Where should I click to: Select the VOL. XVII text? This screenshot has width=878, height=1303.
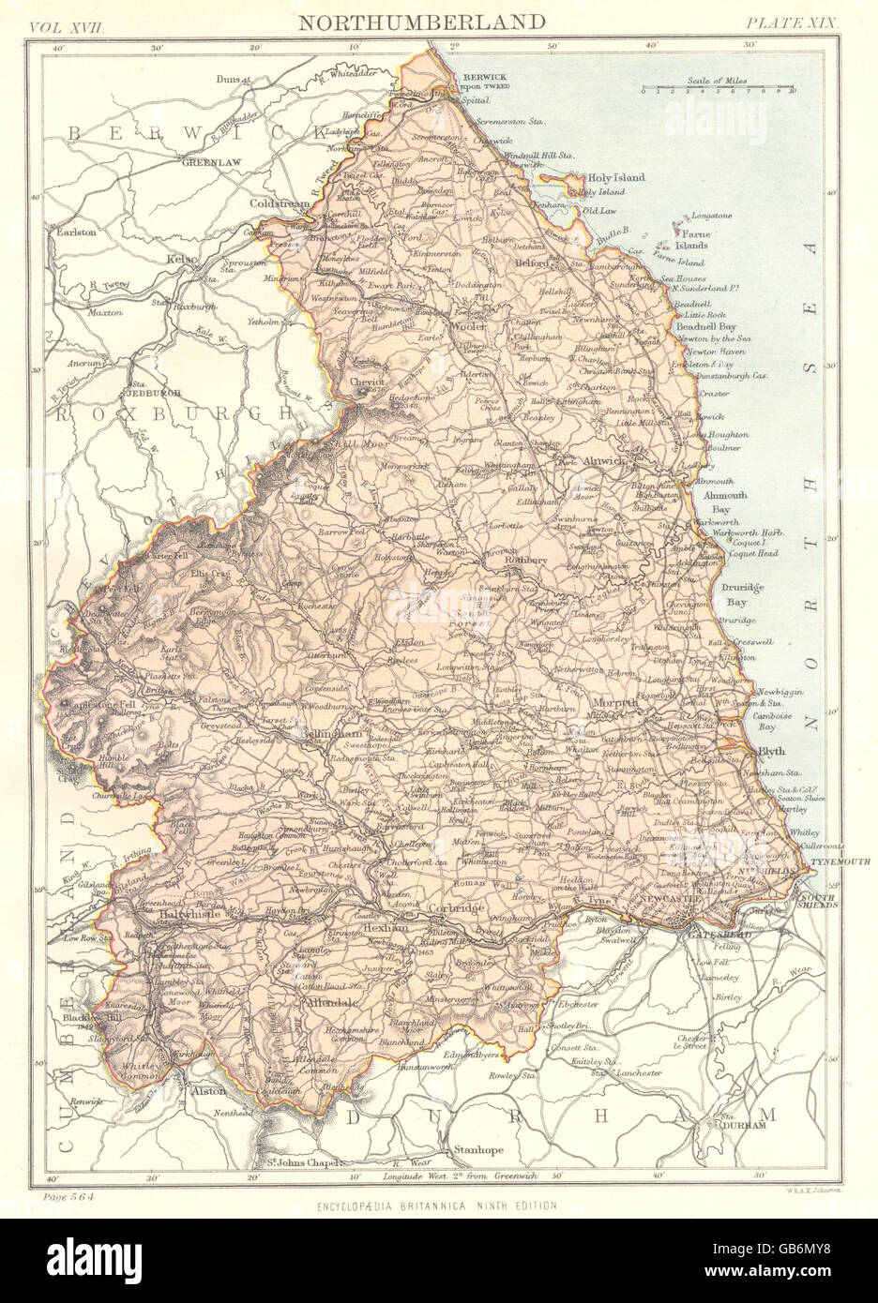(68, 22)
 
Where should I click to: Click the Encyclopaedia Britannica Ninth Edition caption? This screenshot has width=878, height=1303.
(438, 1206)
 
